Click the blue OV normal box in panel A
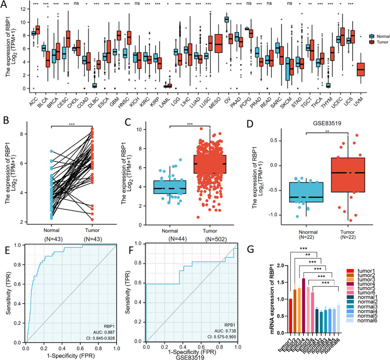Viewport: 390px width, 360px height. (x=226, y=20)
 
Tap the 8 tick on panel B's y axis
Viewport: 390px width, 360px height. (x=43, y=133)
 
